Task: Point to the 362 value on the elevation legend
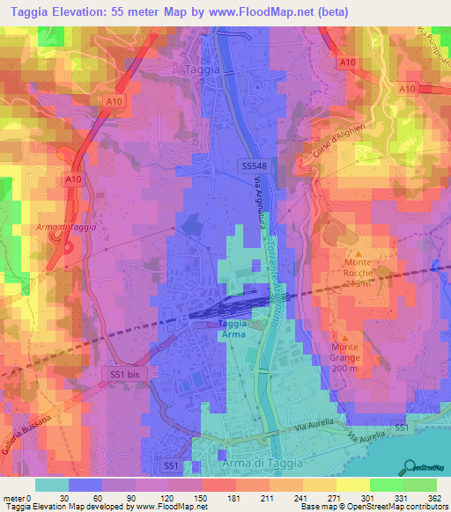(421, 497)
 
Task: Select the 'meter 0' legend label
(17, 497)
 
